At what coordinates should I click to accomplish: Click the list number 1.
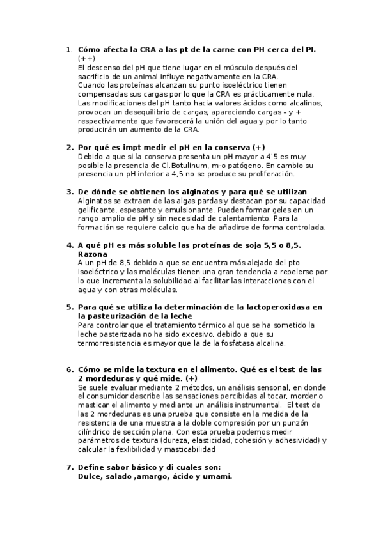(x=69, y=49)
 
